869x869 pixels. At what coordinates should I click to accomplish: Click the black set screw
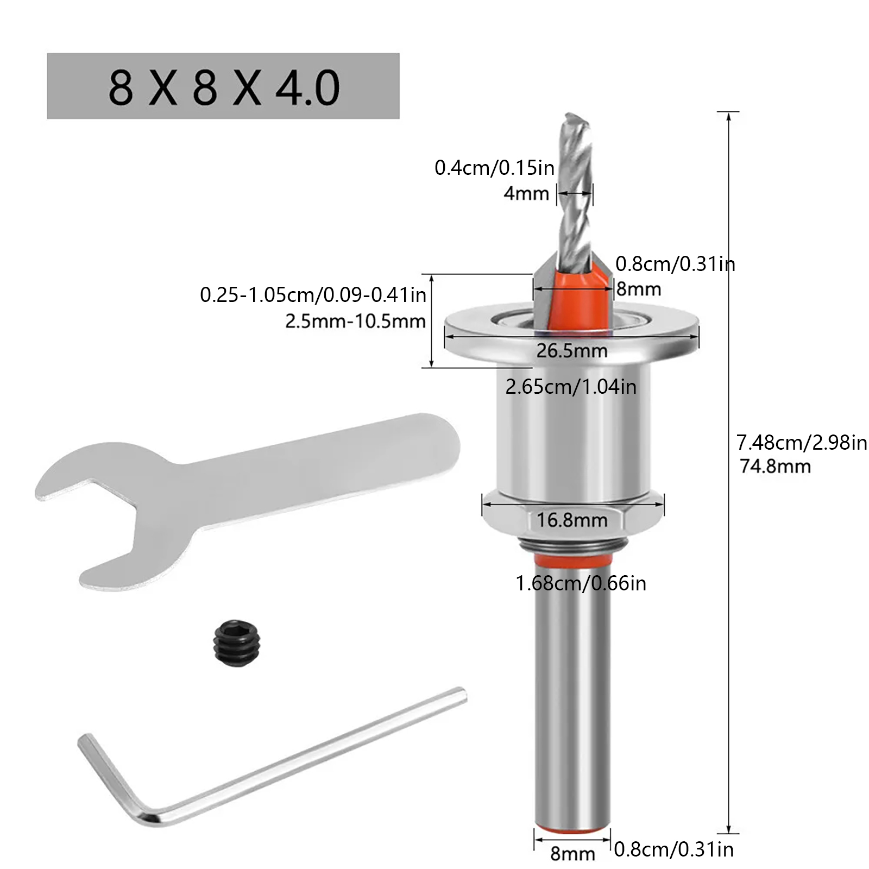coord(237,643)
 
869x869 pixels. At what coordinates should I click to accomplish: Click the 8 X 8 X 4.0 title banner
coord(223,86)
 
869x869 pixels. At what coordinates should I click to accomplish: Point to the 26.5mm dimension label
coord(572,351)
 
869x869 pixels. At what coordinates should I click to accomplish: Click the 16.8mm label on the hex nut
coord(572,520)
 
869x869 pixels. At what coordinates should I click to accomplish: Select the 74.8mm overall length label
coord(775,466)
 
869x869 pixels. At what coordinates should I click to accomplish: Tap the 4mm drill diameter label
coord(526,193)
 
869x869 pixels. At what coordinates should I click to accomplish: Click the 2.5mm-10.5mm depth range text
coord(355,322)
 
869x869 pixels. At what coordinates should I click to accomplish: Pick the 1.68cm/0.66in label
coord(581,583)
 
